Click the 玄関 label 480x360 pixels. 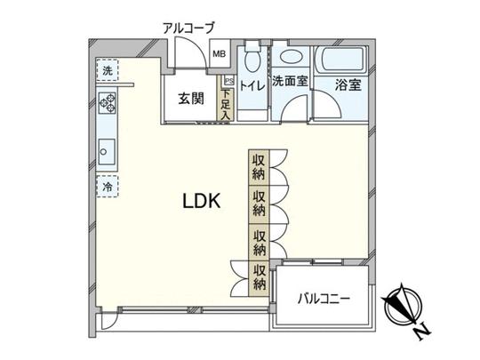[188, 98]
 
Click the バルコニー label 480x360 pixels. [324, 298]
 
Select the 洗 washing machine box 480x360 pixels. [107, 70]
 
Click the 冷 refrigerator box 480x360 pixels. [107, 188]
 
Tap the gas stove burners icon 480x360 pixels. [108, 102]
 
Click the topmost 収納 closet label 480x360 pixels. [258, 166]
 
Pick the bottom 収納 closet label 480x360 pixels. [259, 278]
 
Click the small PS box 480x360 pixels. [228, 80]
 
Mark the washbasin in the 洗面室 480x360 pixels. [290, 56]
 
